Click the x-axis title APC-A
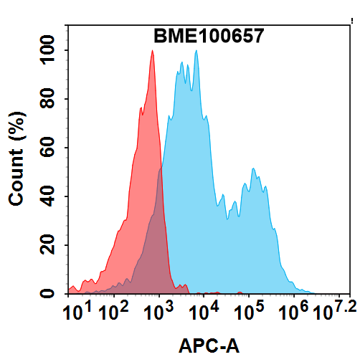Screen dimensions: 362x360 (x=209, y=347)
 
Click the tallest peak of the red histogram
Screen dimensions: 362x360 (x=152, y=52)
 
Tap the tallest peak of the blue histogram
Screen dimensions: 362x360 (x=196, y=52)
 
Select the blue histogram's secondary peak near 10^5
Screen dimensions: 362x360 (x=254, y=170)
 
